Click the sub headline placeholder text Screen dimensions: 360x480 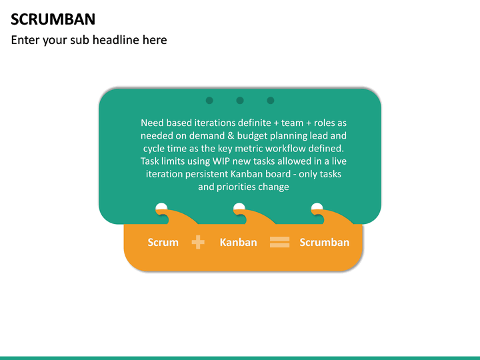[x=89, y=40]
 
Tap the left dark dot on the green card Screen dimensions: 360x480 [x=209, y=101]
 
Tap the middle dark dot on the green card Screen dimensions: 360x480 [x=240, y=101]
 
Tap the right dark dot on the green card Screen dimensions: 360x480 [x=270, y=101]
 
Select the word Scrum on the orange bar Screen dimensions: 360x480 [x=163, y=242]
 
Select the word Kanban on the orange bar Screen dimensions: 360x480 [x=238, y=242]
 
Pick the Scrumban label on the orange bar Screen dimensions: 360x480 [x=324, y=242]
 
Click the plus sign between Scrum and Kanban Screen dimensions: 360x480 [x=198, y=243]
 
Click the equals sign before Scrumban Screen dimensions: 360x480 [x=279, y=243]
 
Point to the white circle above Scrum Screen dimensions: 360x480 [x=161, y=208]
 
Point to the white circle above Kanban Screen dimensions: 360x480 [x=239, y=208]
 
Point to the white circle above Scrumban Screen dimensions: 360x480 [x=317, y=208]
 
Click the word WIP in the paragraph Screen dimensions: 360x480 [x=220, y=161]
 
